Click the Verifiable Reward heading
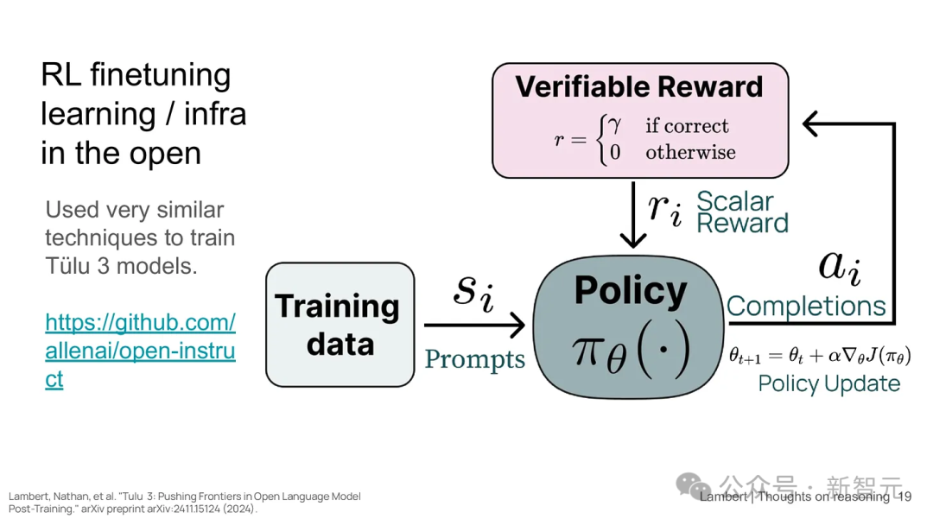pyautogui.click(x=639, y=87)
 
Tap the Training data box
pyautogui.click(x=340, y=325)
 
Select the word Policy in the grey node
pyautogui.click(x=630, y=291)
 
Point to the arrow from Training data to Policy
pyautogui.click(x=474, y=325)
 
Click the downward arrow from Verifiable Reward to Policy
pyautogui.click(x=633, y=214)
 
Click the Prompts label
pyautogui.click(x=475, y=360)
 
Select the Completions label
pyautogui.click(x=806, y=307)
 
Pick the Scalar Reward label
pyautogui.click(x=742, y=212)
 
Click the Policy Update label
pyautogui.click(x=828, y=383)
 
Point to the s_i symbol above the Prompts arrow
pyautogui.click(x=473, y=293)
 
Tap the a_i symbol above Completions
pyautogui.click(x=840, y=267)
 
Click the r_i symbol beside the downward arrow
pyautogui.click(x=664, y=210)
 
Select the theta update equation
pyautogui.click(x=820, y=356)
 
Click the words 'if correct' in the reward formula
pyautogui.click(x=687, y=126)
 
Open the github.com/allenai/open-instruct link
pyautogui.click(x=141, y=351)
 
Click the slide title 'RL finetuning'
pyautogui.click(x=136, y=75)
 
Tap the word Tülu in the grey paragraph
pyautogui.click(x=68, y=266)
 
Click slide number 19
pyautogui.click(x=904, y=497)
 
